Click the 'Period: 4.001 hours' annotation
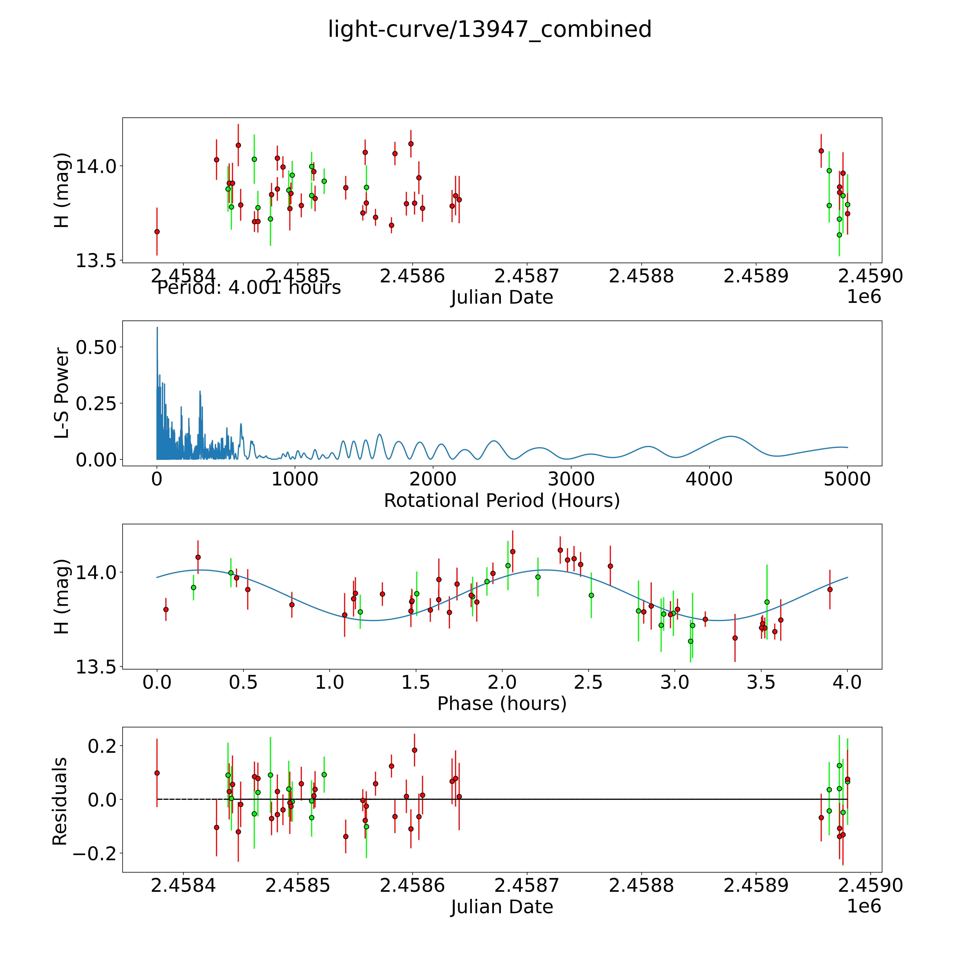[x=249, y=288]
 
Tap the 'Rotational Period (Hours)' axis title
[x=502, y=501]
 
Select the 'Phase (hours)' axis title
[x=502, y=704]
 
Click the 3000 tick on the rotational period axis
[x=571, y=479]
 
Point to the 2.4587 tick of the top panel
[x=526, y=276]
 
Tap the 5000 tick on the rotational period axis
[x=847, y=479]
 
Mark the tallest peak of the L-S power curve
[x=157, y=328]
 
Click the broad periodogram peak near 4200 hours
[x=730, y=436]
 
